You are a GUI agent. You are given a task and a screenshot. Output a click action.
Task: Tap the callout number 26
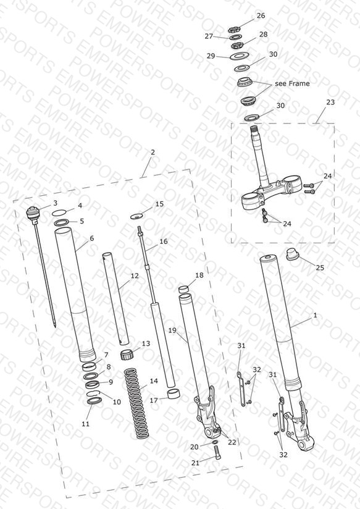tap(261, 15)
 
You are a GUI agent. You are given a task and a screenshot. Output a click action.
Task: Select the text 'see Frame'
tap(292, 83)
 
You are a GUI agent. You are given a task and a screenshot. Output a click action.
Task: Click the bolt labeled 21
tap(217, 452)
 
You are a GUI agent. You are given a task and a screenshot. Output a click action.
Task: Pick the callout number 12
tap(135, 276)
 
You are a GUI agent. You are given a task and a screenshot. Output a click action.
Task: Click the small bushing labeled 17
tap(174, 393)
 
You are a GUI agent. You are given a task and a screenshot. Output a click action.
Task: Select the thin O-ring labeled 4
tap(59, 212)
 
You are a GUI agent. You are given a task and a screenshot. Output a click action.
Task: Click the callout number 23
tap(330, 103)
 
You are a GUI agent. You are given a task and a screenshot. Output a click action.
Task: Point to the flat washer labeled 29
tap(239, 56)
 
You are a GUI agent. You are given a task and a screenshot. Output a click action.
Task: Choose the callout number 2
tap(153, 152)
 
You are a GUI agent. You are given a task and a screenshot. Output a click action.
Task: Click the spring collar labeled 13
tap(127, 355)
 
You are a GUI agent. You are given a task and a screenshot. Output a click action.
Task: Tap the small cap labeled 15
tap(136, 216)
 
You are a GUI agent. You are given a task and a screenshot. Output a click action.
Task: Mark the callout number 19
tap(172, 330)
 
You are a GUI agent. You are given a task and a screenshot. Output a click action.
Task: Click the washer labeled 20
tap(215, 442)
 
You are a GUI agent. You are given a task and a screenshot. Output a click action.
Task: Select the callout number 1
tap(314, 315)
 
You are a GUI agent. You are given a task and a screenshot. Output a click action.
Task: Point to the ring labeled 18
tap(184, 289)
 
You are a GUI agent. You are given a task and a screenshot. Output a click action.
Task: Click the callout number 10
tap(117, 402)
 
